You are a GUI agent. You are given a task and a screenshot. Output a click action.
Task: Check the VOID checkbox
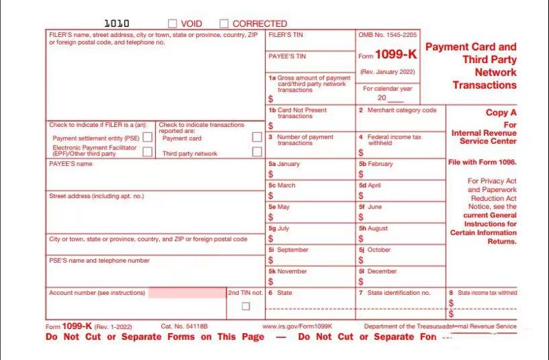point(172,23)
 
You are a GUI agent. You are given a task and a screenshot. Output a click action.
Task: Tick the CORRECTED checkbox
point(224,23)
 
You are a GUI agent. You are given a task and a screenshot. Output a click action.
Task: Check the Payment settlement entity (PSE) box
point(148,137)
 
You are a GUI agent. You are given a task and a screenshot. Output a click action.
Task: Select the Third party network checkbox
point(257,152)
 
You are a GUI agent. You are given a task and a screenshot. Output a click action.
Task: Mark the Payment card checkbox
point(257,137)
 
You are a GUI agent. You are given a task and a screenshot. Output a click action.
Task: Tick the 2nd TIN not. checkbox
point(246,306)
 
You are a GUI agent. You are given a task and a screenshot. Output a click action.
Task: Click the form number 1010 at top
point(116,23)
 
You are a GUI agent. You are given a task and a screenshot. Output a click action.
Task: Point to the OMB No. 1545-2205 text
point(387,34)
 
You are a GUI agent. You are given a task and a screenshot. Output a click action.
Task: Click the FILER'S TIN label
point(286,34)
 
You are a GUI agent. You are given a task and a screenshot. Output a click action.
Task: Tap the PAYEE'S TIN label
point(287,56)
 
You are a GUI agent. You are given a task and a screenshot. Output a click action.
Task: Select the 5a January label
point(284,164)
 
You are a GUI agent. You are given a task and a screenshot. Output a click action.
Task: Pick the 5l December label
point(377,271)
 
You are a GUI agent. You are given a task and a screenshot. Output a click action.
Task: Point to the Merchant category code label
point(401,110)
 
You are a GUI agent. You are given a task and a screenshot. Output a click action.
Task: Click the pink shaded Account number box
point(187,293)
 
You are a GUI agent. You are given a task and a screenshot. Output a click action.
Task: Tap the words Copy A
point(501,112)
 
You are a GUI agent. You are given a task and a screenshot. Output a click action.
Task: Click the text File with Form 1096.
point(482,163)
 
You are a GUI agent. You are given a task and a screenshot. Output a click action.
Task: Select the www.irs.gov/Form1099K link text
point(297,326)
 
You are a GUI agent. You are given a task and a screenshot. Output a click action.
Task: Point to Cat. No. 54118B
point(184,326)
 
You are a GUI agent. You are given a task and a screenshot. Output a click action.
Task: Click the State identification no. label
point(399,293)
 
